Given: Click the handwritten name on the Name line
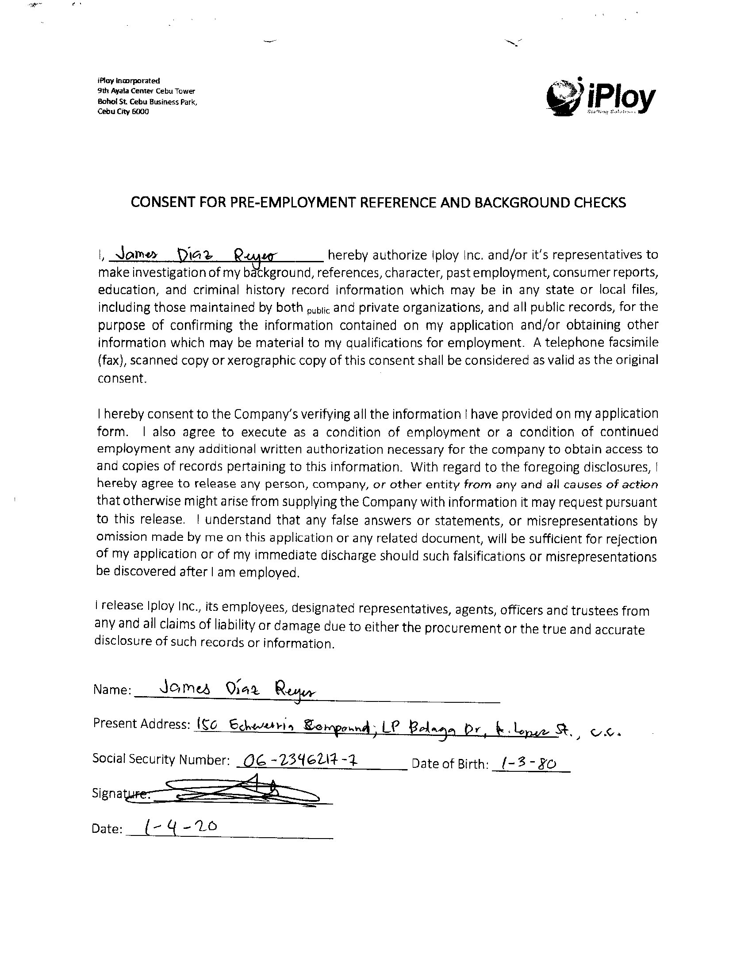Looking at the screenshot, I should click(x=232, y=689).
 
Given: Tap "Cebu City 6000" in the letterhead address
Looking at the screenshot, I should click(x=123, y=111).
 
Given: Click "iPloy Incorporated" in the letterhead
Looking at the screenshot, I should click(x=128, y=80).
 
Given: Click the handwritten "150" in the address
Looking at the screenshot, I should click(x=206, y=725).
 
